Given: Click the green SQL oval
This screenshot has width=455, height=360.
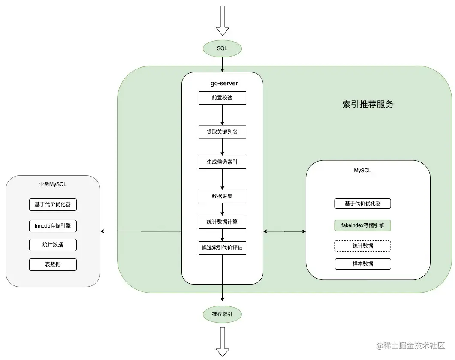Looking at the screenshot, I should tap(222, 48).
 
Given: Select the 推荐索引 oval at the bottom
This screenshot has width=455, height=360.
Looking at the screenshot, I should tap(222, 314).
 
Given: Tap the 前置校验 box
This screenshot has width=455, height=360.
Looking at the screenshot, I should tap(222, 98).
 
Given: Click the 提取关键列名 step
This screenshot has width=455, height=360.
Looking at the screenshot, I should tap(222, 132).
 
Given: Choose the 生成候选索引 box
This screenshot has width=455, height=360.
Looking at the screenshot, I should tap(222, 162).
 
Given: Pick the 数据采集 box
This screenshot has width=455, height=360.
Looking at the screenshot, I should tap(222, 197).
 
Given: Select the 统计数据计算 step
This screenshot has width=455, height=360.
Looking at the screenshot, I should tap(222, 222).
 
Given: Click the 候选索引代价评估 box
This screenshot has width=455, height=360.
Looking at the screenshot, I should tap(222, 248).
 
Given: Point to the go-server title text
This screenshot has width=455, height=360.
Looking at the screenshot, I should tap(222, 83).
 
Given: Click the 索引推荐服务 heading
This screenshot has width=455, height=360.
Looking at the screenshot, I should tap(368, 104).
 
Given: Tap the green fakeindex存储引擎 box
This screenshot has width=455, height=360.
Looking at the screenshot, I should tap(363, 225).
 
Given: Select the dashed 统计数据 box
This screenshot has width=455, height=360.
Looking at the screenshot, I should tap(363, 246).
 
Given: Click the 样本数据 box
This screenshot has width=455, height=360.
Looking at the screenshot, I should tap(363, 264).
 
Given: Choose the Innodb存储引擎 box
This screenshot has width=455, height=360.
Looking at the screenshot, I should tap(53, 225).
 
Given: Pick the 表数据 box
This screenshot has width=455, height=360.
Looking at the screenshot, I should tap(53, 264).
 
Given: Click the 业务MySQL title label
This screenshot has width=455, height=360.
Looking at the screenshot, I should tap(53, 185).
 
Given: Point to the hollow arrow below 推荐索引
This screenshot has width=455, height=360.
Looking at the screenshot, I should tap(222, 342).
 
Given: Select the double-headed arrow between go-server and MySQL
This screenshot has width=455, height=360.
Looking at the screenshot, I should tap(284, 231).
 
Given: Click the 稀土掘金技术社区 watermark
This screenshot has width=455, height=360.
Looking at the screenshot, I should tap(410, 345).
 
